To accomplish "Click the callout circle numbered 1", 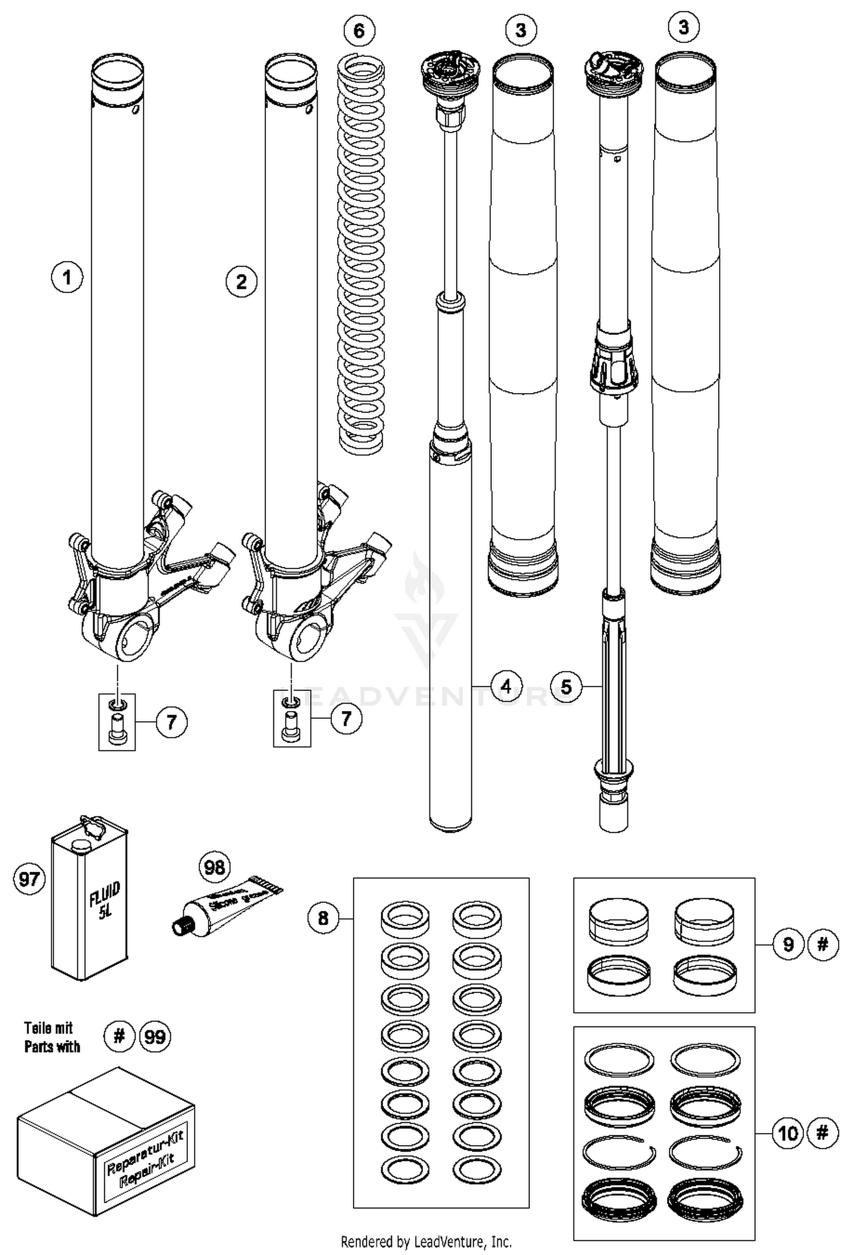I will (x=67, y=277).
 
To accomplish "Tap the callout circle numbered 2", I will (x=241, y=281).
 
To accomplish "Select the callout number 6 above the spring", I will (x=359, y=31).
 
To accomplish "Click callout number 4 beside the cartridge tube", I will (x=506, y=686).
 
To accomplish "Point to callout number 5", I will (x=566, y=686).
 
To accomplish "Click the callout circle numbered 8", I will (x=323, y=918).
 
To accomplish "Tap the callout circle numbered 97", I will (x=29, y=878).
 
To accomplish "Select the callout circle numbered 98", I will (x=215, y=868).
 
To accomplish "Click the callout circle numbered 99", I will (x=155, y=1036).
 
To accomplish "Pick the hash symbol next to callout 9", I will (x=822, y=945).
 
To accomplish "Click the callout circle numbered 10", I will (x=789, y=1133).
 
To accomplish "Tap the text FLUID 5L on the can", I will (x=105, y=898).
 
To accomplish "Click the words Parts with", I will (x=52, y=1047).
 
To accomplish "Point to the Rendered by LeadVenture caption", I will (x=426, y=1241).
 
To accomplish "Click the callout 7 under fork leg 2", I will (x=346, y=718).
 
